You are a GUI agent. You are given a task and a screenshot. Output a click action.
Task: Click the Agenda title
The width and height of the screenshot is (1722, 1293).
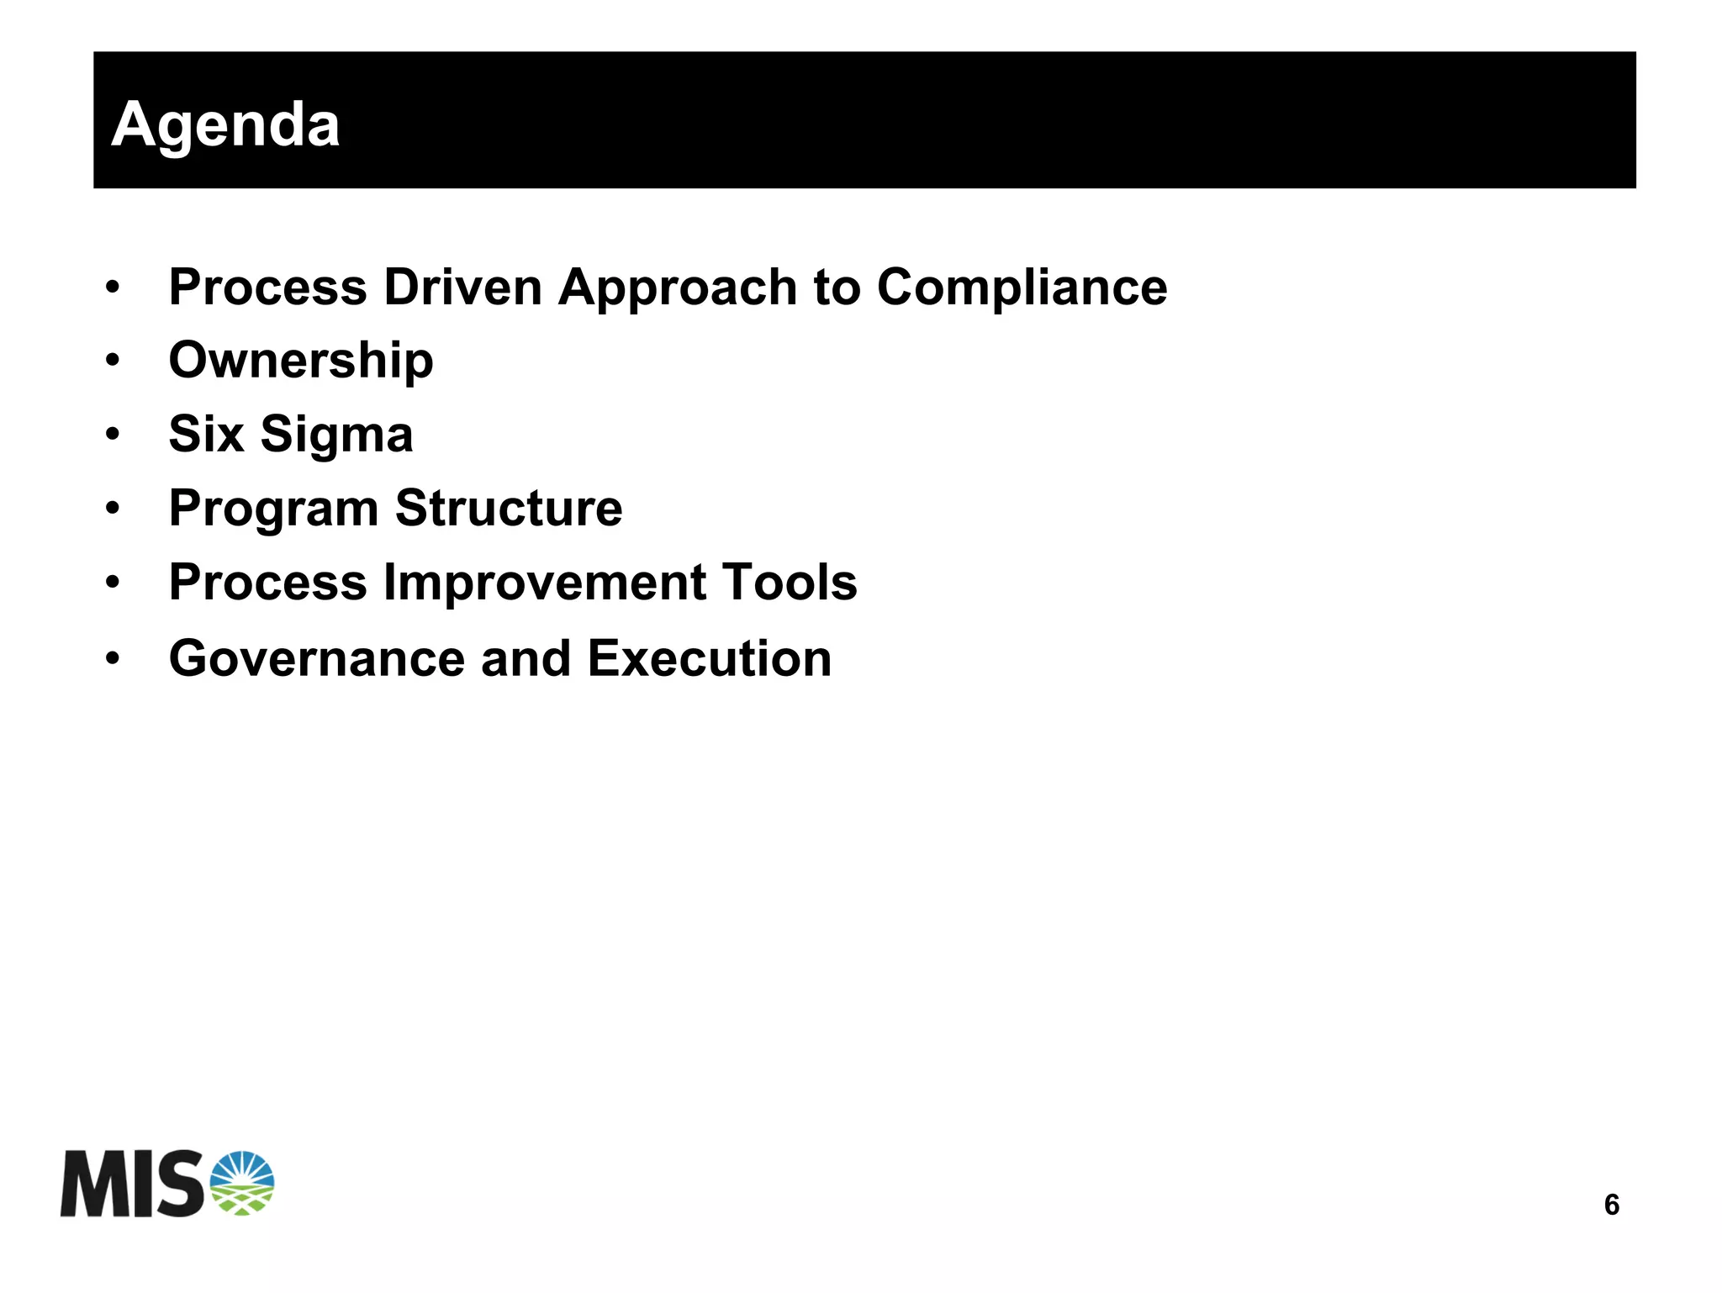coord(225,124)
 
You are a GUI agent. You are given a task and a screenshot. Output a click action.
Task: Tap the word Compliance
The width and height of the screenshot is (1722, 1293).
coord(1022,288)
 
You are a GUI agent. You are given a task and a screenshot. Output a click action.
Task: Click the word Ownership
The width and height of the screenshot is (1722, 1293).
coord(301,361)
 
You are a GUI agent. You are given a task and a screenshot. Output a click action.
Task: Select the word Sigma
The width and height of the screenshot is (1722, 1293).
coord(336,435)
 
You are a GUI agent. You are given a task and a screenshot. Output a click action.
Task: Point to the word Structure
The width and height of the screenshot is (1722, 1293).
coord(509,508)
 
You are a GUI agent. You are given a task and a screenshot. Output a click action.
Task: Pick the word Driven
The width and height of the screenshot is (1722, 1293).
coord(462,288)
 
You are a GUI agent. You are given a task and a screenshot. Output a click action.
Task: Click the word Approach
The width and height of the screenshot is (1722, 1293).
coord(678,288)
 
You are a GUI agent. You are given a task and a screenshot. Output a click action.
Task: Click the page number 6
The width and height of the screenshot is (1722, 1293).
coord(1611,1205)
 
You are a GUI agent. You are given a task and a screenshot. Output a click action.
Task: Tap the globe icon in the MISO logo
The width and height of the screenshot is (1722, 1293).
coord(241,1183)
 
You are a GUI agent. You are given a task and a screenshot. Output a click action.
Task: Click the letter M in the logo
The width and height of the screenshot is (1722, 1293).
coord(92,1185)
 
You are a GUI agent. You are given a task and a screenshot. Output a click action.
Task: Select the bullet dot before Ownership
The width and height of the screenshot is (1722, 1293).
coord(113,362)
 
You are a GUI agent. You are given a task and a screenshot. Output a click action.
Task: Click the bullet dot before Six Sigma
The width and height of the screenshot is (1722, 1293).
coord(113,435)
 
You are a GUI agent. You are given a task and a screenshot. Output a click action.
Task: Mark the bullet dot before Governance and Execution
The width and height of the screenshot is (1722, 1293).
coord(113,658)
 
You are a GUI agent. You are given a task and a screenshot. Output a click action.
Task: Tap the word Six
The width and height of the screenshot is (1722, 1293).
coord(206,435)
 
